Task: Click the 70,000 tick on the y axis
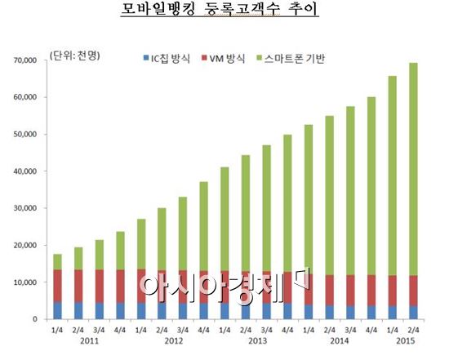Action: coord(33,60)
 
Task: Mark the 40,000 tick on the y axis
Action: coord(33,171)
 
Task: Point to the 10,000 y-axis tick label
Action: coord(33,282)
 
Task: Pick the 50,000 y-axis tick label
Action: coord(33,135)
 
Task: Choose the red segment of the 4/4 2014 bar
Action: coord(371,290)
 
